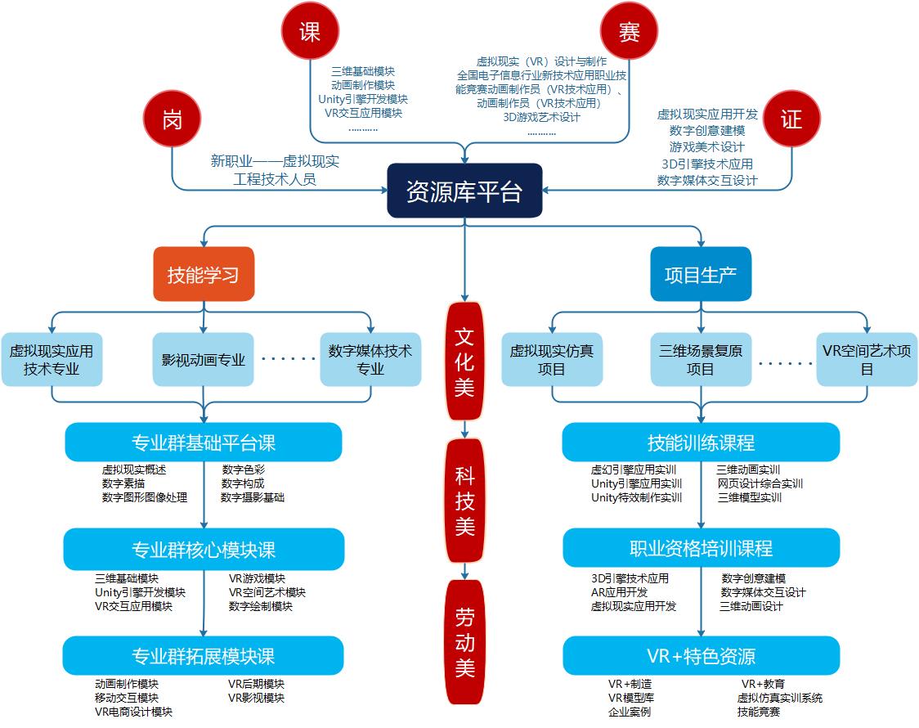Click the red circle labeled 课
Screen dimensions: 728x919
click(310, 31)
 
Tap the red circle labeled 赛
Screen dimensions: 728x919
click(629, 31)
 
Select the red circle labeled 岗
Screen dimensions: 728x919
click(172, 119)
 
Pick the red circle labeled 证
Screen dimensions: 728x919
click(791, 119)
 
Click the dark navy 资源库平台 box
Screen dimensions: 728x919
click(464, 191)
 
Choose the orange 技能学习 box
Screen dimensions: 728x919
click(204, 275)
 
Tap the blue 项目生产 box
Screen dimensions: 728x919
click(701, 275)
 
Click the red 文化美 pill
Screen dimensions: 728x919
click(464, 361)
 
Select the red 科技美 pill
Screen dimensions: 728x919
click(464, 499)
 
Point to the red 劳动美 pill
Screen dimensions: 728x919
click(464, 642)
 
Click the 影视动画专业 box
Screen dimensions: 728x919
click(204, 359)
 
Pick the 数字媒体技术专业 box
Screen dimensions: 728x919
click(370, 359)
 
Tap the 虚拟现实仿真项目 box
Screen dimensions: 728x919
click(552, 359)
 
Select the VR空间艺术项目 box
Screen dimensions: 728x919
click(867, 359)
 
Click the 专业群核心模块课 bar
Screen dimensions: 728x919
click(204, 549)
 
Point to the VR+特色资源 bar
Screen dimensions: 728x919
click(701, 655)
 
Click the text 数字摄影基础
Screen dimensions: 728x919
click(253, 497)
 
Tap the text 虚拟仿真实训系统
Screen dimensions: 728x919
click(779, 698)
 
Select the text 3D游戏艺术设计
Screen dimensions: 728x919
click(541, 118)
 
